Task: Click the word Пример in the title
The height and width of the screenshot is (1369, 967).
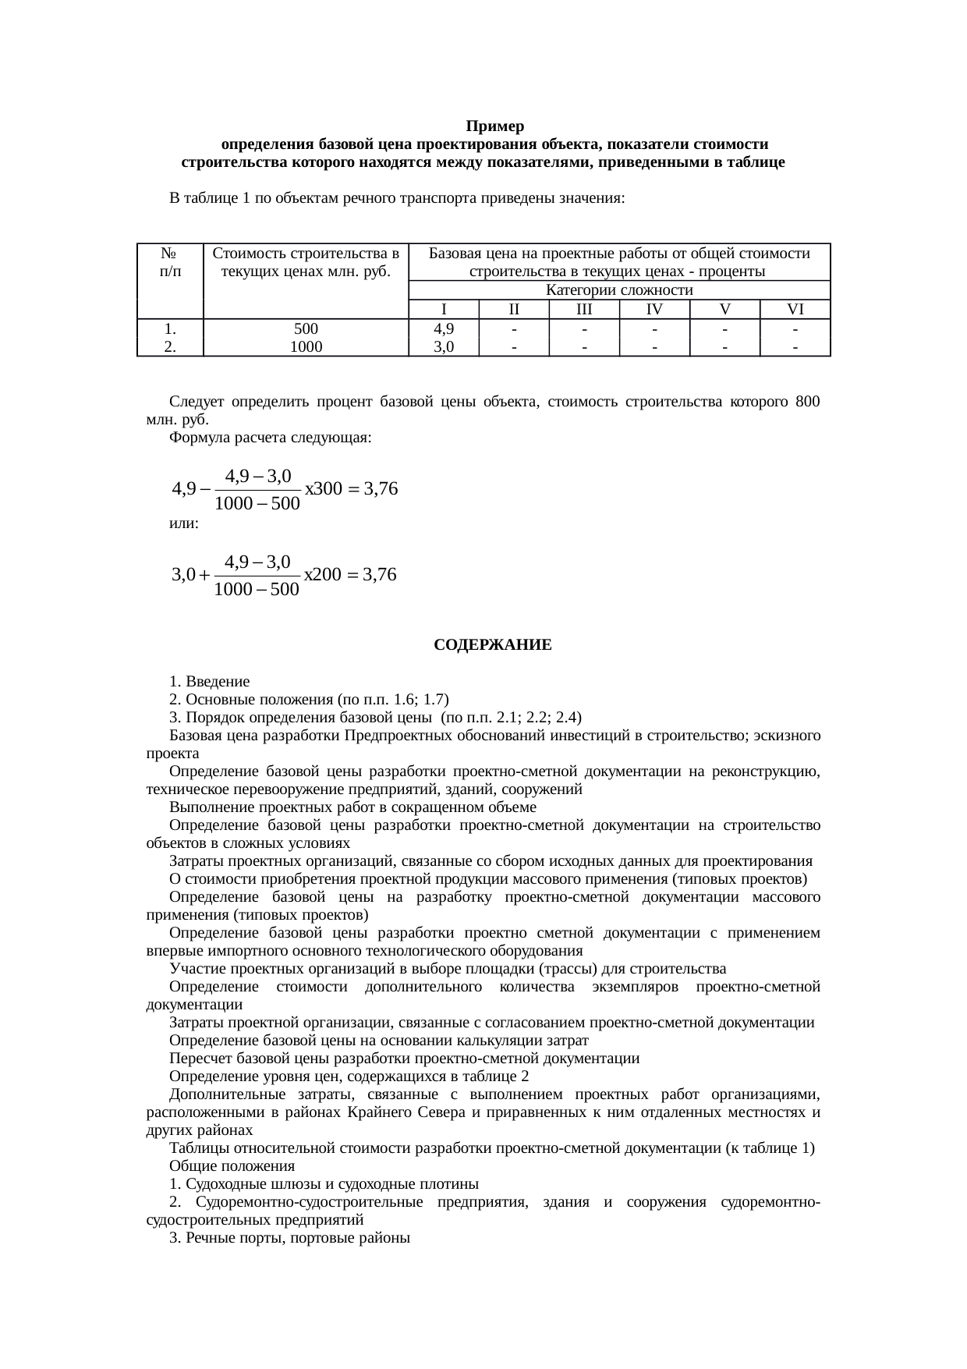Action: pos(494,126)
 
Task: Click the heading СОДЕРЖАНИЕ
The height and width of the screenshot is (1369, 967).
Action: pos(493,646)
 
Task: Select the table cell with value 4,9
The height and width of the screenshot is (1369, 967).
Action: pos(444,329)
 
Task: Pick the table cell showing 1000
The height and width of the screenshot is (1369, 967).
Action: pos(306,347)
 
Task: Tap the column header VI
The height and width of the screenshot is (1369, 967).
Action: pos(795,310)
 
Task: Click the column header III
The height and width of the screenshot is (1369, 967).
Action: pos(584,310)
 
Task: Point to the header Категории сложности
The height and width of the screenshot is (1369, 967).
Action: pos(619,290)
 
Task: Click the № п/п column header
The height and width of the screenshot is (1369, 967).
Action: pos(170,262)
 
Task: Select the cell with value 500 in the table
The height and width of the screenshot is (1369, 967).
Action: pos(306,329)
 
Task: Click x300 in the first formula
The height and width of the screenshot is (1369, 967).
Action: pos(323,490)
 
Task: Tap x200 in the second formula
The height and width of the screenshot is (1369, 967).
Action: pos(322,576)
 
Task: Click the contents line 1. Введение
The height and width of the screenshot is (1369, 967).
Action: pos(210,682)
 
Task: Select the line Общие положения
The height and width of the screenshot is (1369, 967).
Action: pos(232,1166)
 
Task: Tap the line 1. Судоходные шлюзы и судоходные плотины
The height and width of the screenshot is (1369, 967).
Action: pos(324,1184)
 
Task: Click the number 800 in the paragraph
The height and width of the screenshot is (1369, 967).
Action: pos(807,402)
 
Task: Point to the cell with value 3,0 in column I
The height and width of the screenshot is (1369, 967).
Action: pos(444,347)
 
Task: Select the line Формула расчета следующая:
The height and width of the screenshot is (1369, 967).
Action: pos(270,438)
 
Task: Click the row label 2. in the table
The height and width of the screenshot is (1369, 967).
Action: pos(170,347)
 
